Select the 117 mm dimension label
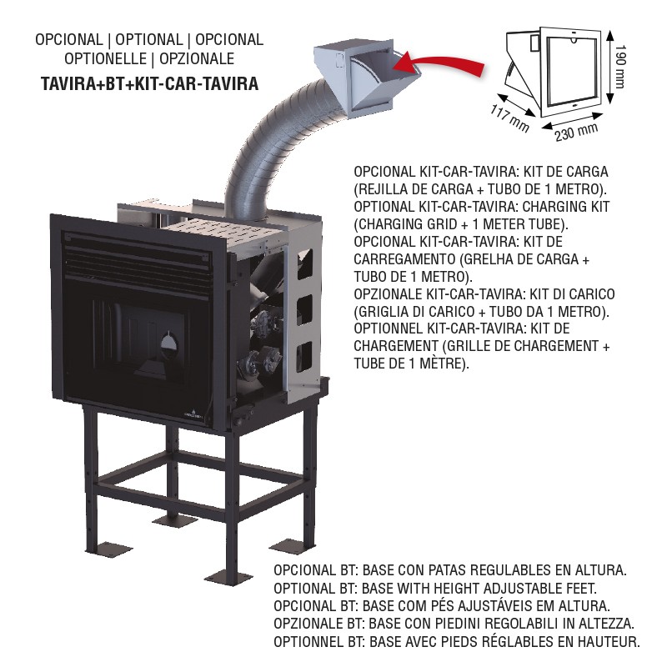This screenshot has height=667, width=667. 509,118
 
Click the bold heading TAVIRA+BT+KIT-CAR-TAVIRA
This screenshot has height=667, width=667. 150,83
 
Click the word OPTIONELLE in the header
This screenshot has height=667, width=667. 106,58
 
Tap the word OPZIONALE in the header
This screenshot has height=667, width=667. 197,58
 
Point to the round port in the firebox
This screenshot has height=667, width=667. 170,344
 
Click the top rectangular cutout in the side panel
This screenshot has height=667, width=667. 304,264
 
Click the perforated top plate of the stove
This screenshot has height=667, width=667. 221,232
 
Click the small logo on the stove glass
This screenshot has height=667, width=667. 193,414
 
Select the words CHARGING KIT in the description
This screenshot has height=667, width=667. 566,207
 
